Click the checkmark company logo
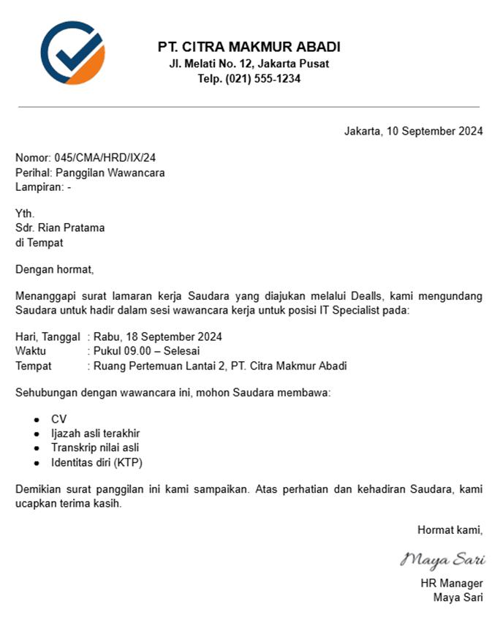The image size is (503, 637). coord(72,53)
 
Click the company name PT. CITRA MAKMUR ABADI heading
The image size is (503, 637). coord(249,47)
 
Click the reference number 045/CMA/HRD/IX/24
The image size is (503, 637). coord(105,157)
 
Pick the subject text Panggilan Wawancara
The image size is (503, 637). coord(110,173)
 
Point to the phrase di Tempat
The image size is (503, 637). coord(39,242)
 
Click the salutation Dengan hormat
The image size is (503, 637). coord(55,269)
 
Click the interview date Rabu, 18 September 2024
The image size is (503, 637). coord(158,337)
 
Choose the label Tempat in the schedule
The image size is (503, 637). coord(34,366)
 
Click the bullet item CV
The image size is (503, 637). coord(58,419)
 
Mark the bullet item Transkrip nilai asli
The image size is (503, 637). coord(95,448)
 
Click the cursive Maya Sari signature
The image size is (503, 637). coord(442,560)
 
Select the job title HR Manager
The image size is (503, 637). coord(452,583)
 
